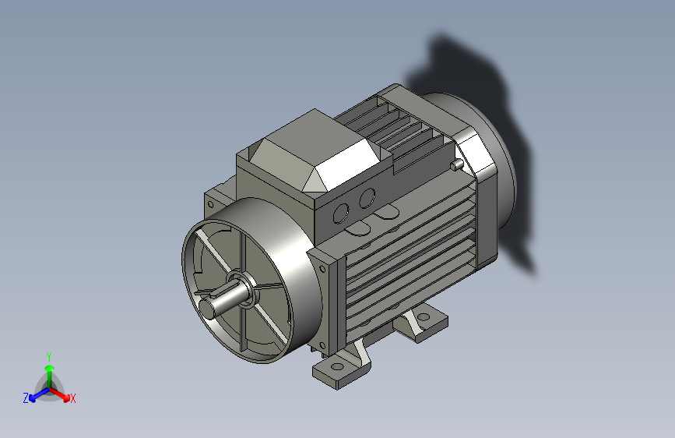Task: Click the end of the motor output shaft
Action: coord(208,308)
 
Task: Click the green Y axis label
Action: coord(49,355)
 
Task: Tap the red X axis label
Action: coord(73,398)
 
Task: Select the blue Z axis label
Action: coord(26,397)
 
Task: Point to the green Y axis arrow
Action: coord(49,369)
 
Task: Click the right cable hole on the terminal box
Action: coord(366,199)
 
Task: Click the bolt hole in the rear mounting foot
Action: coord(424,317)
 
